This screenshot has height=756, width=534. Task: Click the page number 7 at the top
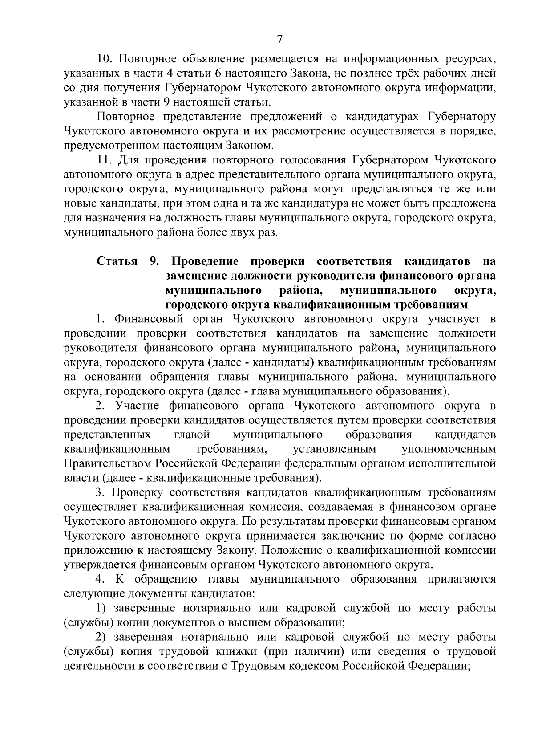279,40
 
